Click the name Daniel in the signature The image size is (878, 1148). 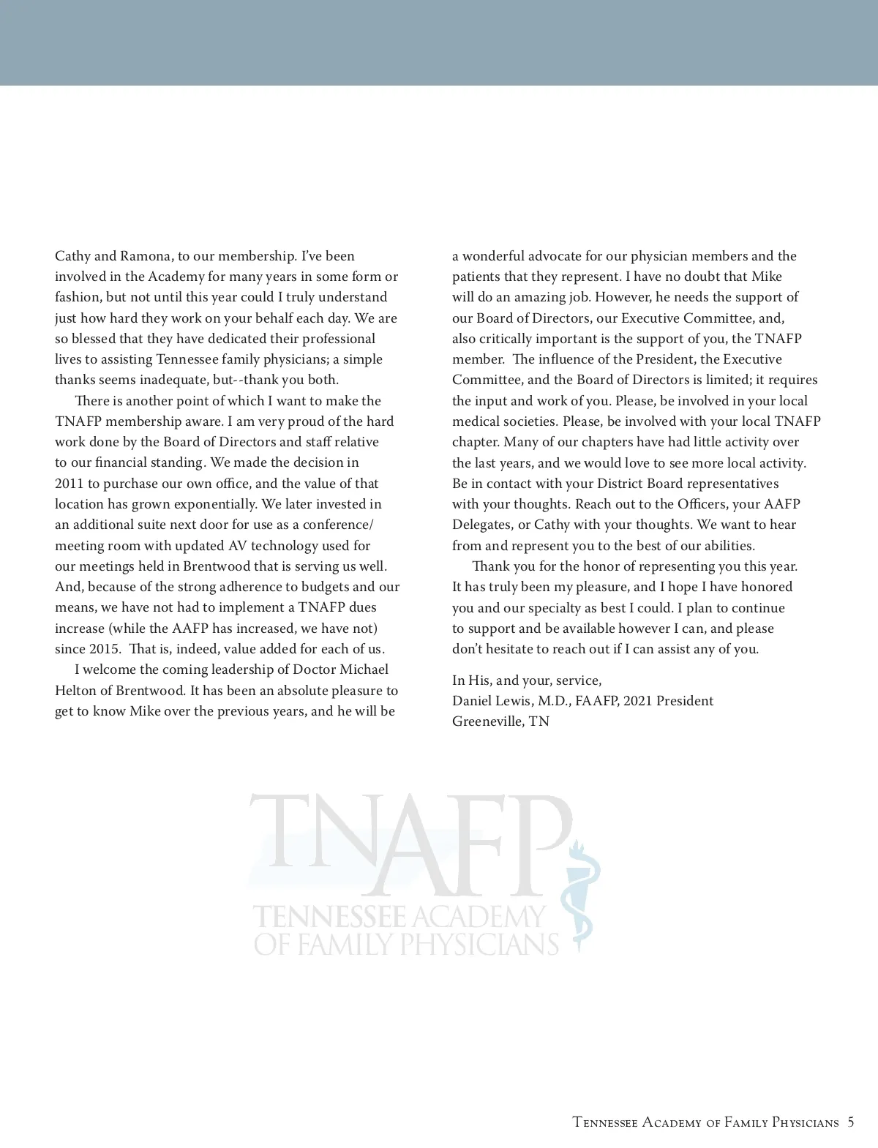tap(472, 701)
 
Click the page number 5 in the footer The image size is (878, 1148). tap(850, 1122)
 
